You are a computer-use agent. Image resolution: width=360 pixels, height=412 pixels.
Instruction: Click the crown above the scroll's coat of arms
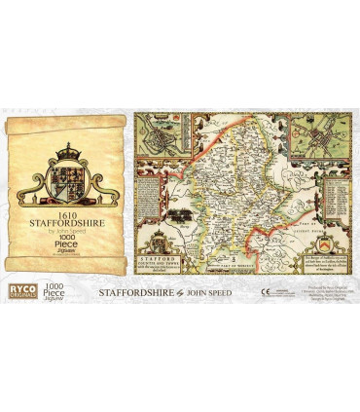coord(66,153)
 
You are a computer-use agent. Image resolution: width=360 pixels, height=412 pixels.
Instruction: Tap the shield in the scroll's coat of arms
coord(66,175)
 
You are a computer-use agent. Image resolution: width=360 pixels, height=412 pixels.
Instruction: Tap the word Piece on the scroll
coord(66,248)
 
